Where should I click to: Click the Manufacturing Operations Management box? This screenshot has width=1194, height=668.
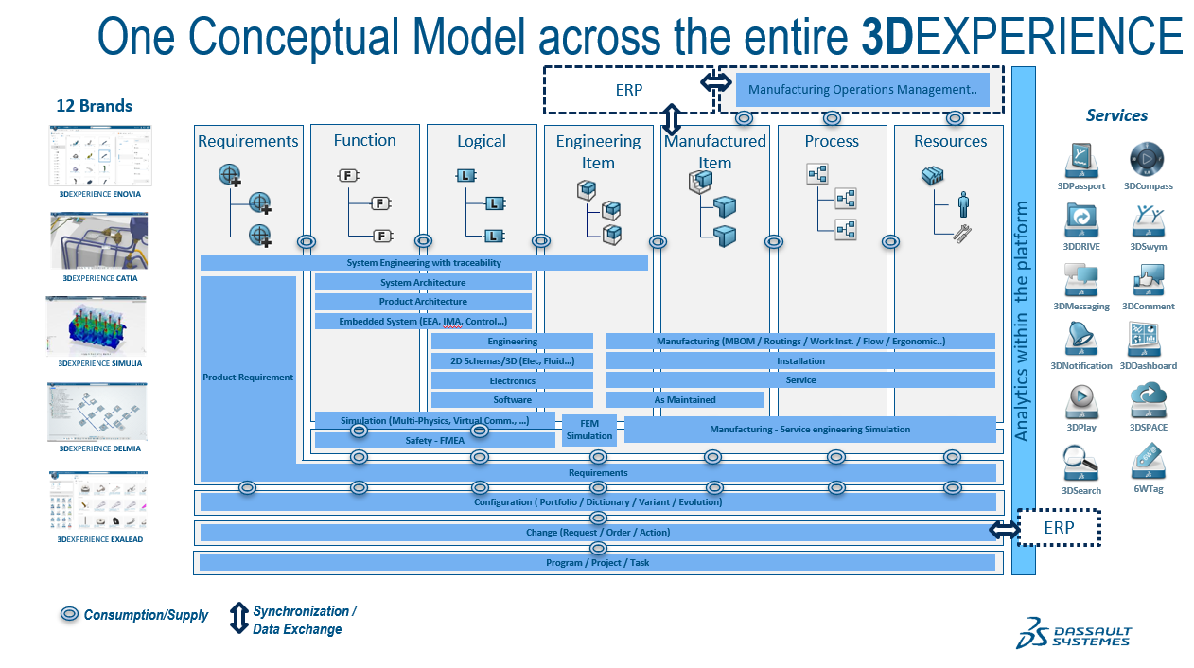click(862, 90)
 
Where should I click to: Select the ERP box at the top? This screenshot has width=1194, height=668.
click(628, 91)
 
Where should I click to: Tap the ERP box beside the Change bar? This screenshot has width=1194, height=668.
click(1059, 528)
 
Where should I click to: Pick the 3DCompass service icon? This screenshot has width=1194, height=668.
click(1147, 160)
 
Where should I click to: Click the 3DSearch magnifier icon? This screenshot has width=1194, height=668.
click(1080, 463)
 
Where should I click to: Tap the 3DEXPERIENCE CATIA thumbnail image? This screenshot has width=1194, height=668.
click(98, 240)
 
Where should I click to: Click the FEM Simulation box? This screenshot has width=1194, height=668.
click(589, 430)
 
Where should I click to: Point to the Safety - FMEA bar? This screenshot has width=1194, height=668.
click(434, 440)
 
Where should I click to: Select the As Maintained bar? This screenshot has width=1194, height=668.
click(685, 399)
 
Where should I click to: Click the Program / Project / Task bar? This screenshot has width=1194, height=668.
click(597, 563)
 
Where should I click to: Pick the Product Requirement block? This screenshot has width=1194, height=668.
click(248, 378)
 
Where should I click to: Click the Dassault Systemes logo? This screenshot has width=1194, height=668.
click(1073, 633)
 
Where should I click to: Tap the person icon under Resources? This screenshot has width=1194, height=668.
click(963, 203)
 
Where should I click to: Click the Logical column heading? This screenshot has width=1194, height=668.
click(482, 141)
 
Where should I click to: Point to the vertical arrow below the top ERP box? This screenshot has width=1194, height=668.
click(672, 120)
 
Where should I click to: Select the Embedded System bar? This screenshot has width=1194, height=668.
click(423, 322)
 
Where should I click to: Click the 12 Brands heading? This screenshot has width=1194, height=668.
click(94, 106)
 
